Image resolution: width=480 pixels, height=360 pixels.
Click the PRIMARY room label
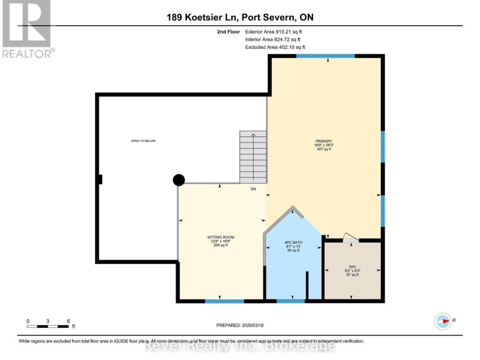pos(324,141)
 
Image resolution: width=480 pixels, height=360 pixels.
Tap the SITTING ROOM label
pos(221,237)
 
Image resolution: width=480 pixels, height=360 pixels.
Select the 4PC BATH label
pos(293,243)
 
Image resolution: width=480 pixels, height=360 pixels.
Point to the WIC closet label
pos(352,267)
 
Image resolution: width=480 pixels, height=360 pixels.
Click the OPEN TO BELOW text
pos(143,141)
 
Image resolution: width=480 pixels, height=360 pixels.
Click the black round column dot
pos(179,180)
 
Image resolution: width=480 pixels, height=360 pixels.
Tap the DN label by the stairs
pos(253,189)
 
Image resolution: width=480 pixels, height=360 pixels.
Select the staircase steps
pos(253,157)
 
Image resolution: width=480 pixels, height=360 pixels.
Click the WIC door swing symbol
pos(351,237)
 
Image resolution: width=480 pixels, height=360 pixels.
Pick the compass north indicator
pos(443,321)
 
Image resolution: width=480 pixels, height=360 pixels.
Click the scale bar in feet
pos(48,326)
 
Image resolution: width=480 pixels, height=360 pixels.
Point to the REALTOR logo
pos(27,29)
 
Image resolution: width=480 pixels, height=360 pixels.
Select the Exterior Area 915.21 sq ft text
pos(273,32)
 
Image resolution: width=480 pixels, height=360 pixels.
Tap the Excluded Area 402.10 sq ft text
pos(275,47)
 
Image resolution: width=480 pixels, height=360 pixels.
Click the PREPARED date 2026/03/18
pos(240,325)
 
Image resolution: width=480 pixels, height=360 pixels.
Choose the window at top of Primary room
pos(325,56)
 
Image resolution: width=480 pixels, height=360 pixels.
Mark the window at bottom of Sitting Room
pos(224,301)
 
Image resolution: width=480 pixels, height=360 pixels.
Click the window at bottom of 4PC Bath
pos(291,301)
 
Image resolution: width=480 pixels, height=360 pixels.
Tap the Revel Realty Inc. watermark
pos(240,346)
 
